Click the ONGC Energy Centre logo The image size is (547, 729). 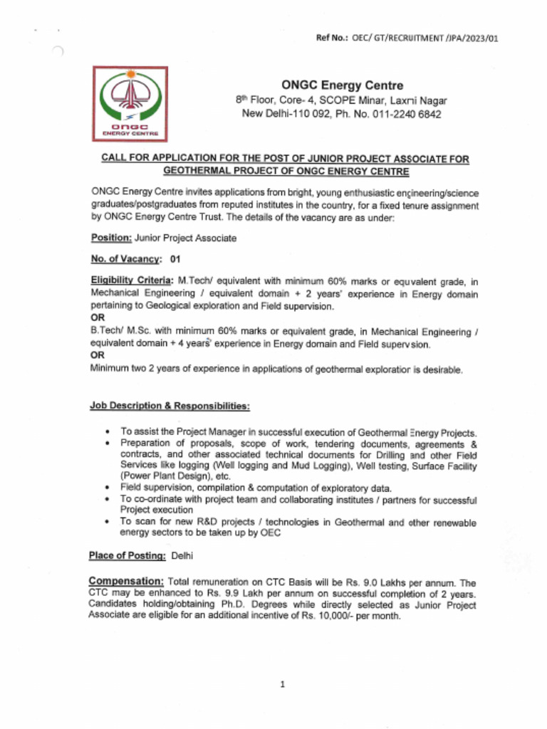pyautogui.click(x=130, y=103)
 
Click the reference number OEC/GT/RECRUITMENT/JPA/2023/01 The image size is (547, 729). pyautogui.click(x=424, y=38)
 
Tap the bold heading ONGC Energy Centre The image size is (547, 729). pyautogui.click(x=342, y=85)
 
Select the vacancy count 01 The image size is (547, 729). pyautogui.click(x=175, y=260)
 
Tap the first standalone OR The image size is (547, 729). pyautogui.click(x=98, y=318)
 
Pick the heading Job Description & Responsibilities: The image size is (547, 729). pyautogui.click(x=170, y=406)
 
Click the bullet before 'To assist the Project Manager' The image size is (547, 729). pyautogui.click(x=106, y=432)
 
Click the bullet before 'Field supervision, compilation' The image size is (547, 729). pyautogui.click(x=106, y=488)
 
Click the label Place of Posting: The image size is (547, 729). pyautogui.click(x=127, y=555)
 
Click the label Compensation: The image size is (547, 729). pyautogui.click(x=127, y=582)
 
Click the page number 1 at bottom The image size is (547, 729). pyautogui.click(x=283, y=685)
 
